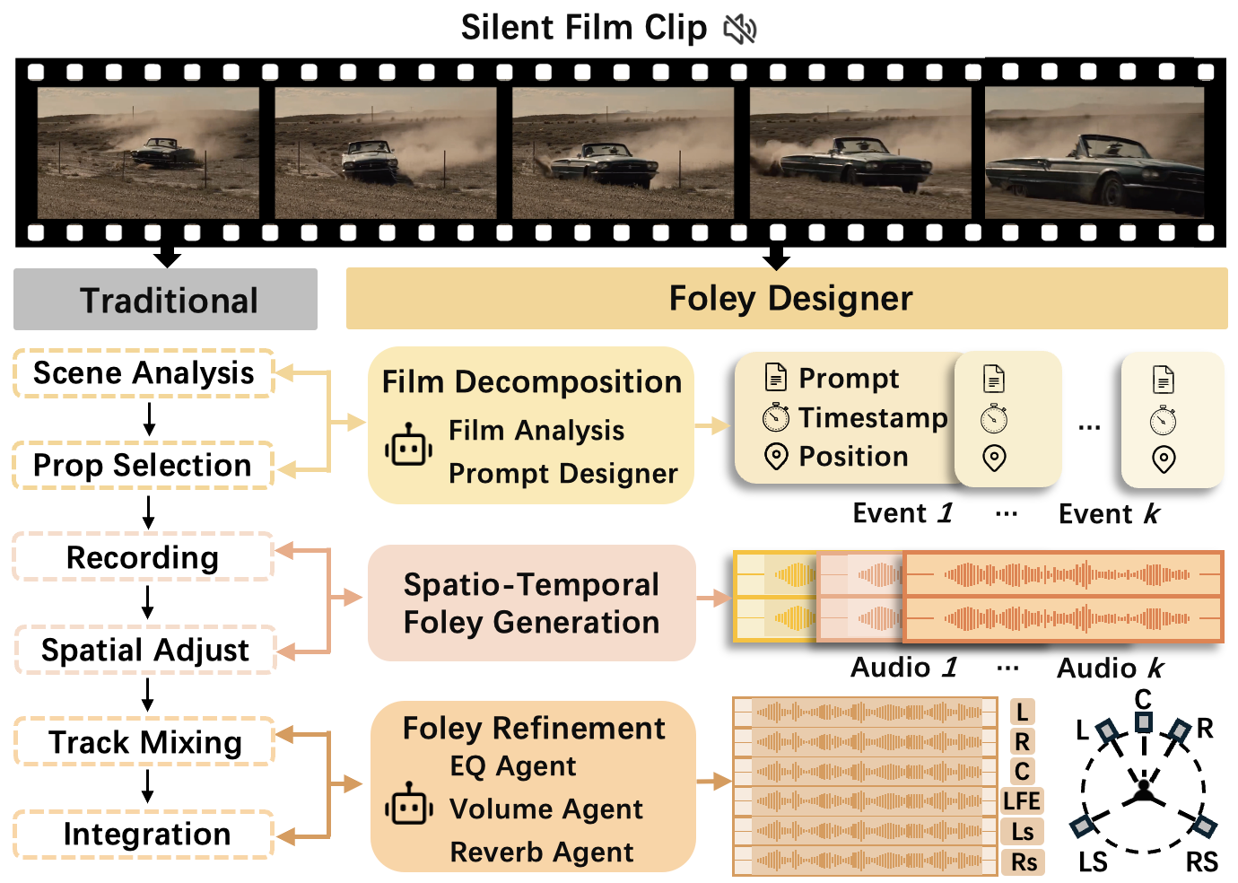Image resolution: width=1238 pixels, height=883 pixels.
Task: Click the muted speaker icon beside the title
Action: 740,30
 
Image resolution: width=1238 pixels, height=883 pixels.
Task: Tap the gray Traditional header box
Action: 166,300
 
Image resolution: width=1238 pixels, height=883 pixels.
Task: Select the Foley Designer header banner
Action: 787,298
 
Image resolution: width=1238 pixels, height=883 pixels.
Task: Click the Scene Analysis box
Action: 144,373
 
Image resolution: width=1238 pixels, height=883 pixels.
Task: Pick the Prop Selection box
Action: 143,466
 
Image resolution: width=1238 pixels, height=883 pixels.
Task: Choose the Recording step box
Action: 143,557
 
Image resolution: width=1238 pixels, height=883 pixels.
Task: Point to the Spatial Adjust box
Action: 144,650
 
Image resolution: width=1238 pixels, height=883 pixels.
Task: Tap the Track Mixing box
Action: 144,742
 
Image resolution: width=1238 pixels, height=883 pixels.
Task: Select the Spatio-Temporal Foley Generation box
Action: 531,603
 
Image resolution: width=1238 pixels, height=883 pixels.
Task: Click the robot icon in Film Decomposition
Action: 408,445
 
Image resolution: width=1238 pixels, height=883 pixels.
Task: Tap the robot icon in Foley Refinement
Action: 408,805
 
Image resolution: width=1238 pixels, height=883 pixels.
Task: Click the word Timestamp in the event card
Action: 872,417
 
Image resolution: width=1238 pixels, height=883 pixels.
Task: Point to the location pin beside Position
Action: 775,457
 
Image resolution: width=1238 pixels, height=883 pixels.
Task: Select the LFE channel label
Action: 1022,800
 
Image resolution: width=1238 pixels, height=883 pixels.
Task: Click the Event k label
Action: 1109,514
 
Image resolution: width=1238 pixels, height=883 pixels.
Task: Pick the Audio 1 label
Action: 903,668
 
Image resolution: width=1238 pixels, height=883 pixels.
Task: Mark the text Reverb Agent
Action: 542,852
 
